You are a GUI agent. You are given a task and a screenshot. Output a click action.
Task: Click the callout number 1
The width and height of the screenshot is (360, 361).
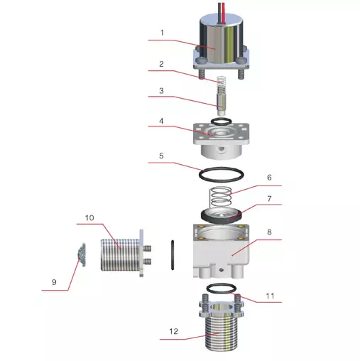(x=162, y=33)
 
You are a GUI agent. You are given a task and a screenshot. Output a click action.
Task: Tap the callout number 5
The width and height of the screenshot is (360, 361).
(x=161, y=156)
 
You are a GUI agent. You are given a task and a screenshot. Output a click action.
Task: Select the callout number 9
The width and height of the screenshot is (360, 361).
(x=54, y=282)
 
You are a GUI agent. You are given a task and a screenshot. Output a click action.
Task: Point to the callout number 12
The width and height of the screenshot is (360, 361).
(x=173, y=331)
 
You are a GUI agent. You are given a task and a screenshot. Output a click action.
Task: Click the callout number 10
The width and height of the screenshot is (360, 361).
(x=89, y=218)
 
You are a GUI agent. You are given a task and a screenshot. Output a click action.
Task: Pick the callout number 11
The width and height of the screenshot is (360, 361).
(x=270, y=296)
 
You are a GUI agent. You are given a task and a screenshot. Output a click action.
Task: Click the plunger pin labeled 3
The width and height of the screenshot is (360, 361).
(x=222, y=102)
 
